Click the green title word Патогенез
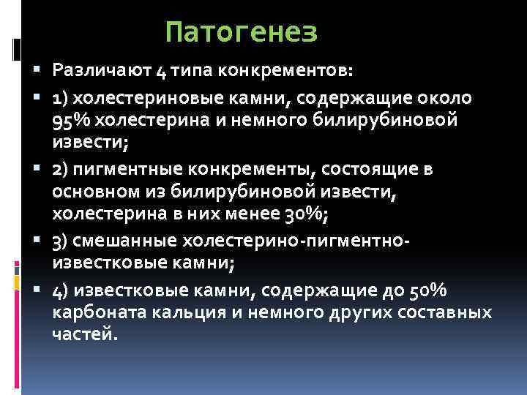241,32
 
